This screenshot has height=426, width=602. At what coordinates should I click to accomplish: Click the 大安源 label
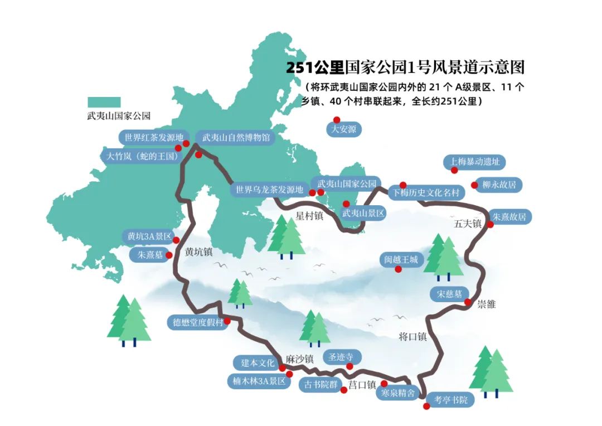pos(343,129)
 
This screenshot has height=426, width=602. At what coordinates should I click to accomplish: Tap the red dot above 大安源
pos(337,119)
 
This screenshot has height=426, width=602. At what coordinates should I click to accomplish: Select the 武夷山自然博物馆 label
pos(235,137)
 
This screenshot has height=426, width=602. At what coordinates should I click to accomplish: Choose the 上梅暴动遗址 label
pos(475,162)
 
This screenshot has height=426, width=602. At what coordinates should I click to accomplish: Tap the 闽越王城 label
pos(401,259)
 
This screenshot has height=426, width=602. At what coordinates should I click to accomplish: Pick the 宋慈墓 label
pos(449,294)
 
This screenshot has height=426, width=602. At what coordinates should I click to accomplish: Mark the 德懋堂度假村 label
pos(198,322)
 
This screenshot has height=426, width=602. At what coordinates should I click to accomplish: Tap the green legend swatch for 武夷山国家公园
pos(104,102)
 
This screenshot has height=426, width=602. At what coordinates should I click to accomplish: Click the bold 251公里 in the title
pos(315,67)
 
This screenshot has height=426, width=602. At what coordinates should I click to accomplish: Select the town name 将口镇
pos(412,336)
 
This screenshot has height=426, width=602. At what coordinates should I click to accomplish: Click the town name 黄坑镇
pos(199,252)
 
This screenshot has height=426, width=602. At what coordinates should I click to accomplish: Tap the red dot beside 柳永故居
pos(474,185)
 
